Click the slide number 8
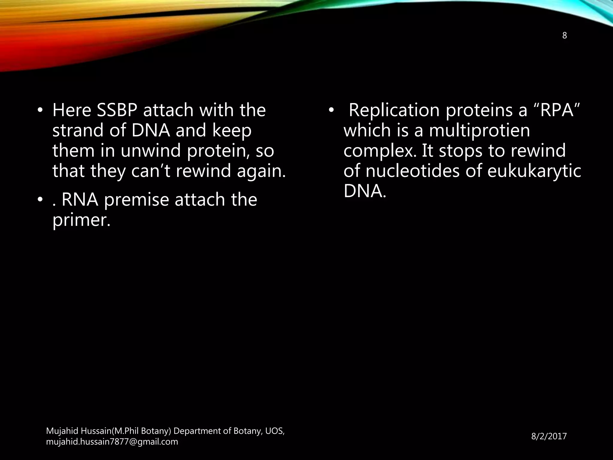[565, 36]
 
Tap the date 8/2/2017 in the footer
[549, 436]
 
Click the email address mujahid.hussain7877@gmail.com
[112, 442]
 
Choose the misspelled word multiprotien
[480, 131]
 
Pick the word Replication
[394, 110]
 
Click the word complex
[380, 151]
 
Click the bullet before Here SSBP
[40, 111]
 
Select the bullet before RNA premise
[40, 200]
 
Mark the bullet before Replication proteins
[330, 111]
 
